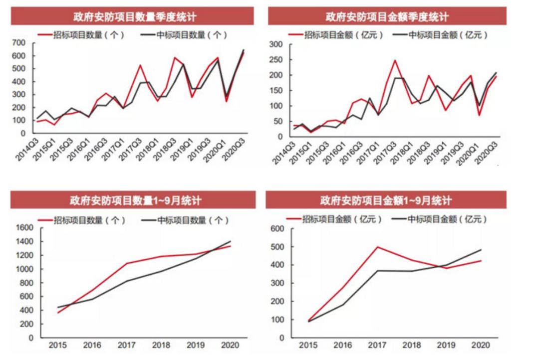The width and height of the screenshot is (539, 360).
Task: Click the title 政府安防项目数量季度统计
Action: (134, 17)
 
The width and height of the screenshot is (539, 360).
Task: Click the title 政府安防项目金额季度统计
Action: (387, 17)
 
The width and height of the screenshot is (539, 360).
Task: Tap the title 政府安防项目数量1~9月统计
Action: (134, 201)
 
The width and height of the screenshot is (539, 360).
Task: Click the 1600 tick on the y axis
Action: (23, 228)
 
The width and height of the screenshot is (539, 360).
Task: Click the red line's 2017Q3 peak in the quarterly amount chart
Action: (394, 60)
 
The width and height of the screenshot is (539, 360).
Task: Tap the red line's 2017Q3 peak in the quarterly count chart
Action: (140, 65)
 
